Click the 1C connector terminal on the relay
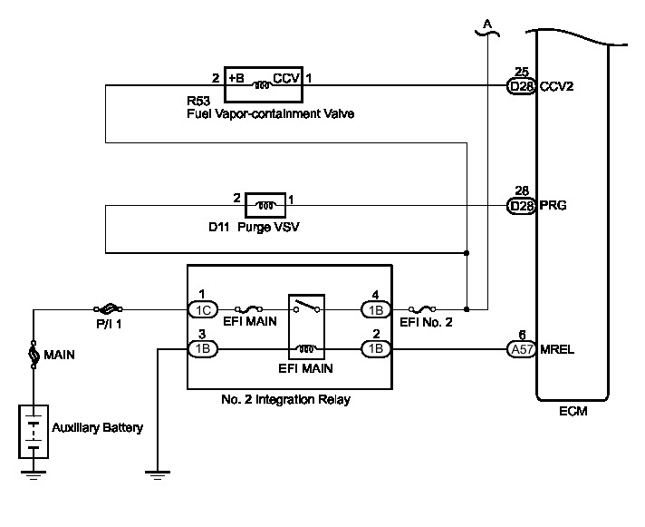click(x=203, y=309)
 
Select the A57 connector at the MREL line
click(x=522, y=349)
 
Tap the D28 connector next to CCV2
click(x=521, y=86)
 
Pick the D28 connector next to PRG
click(x=521, y=205)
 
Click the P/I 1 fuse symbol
click(x=108, y=308)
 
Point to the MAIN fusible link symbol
click(x=34, y=355)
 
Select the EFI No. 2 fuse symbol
click(x=422, y=308)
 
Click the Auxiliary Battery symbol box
click(x=34, y=432)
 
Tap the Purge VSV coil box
click(x=265, y=205)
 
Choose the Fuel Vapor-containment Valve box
click(x=264, y=84)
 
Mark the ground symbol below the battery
click(x=34, y=475)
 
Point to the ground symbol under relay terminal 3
click(x=158, y=475)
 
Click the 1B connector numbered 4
click(x=376, y=309)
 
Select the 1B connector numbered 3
click(x=203, y=349)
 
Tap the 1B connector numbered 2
click(x=376, y=349)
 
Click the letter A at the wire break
click(x=487, y=24)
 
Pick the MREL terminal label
click(x=557, y=349)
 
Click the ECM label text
click(x=573, y=411)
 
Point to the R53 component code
click(x=198, y=101)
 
